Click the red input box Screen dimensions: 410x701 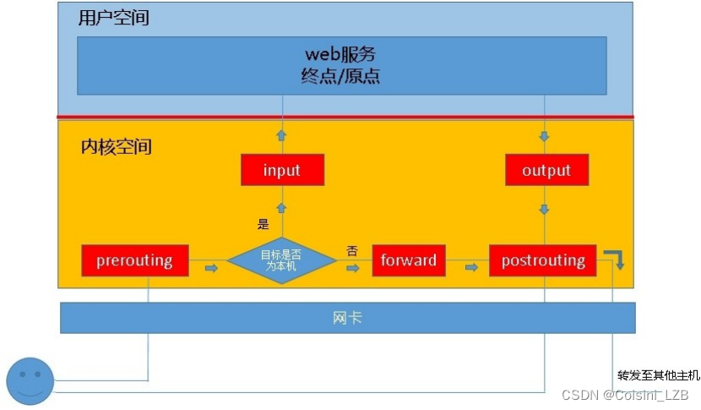click(x=282, y=170)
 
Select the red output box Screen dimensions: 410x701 click(x=546, y=170)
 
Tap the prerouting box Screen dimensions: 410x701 click(x=135, y=260)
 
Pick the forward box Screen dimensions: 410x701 click(x=409, y=260)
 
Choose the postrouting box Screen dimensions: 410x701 click(x=543, y=260)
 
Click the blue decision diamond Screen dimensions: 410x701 click(x=282, y=260)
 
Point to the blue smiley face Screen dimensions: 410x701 click(x=30, y=381)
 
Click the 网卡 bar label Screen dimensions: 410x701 click(x=347, y=318)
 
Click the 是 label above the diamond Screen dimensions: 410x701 click(x=263, y=224)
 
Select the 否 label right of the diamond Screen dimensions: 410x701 click(x=352, y=250)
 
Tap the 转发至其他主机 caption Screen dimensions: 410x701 click(x=659, y=374)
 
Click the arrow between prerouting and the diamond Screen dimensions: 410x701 click(x=210, y=268)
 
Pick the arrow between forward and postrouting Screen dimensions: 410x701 click(x=471, y=268)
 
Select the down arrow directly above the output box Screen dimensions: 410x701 click(x=546, y=136)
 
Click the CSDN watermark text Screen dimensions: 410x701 click(x=625, y=395)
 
